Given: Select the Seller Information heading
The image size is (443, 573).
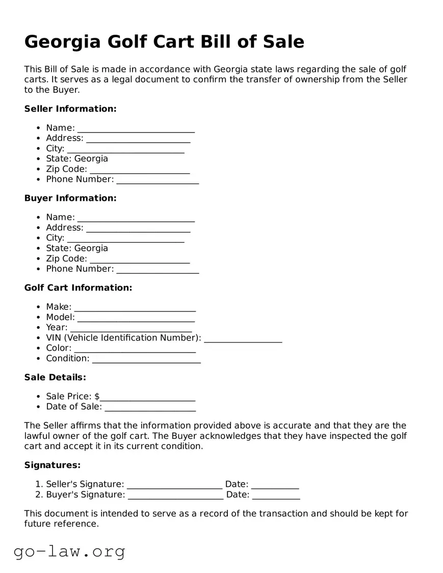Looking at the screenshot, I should tap(70, 109).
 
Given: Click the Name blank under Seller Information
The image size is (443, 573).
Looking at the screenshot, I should tap(136, 128).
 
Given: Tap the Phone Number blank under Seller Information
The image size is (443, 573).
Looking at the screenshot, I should tap(157, 180).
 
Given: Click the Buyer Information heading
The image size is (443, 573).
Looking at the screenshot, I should tap(70, 198).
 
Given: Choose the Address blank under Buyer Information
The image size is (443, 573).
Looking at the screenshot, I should tap(138, 228).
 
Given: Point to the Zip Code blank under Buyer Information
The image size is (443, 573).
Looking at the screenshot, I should tap(139, 259).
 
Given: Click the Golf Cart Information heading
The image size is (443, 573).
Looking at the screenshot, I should tap(78, 288).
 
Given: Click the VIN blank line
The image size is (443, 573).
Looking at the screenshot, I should tap(243, 338).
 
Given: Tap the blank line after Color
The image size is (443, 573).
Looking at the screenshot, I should tap(135, 349).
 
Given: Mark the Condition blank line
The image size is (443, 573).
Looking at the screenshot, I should tap(146, 359).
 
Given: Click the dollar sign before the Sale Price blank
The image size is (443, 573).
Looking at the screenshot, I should tap(97, 397).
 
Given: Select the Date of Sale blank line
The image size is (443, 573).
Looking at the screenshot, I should tap(150, 407).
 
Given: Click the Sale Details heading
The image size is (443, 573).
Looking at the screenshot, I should tap(55, 377).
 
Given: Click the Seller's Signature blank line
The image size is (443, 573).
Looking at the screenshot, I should tap(174, 485).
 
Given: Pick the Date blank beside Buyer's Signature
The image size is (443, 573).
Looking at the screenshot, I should tap(276, 495).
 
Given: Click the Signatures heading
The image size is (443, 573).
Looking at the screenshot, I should tap(53, 465).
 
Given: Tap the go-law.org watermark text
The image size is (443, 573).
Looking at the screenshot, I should tap(69, 552).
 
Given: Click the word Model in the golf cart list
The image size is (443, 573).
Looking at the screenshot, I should tap(60, 317).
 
